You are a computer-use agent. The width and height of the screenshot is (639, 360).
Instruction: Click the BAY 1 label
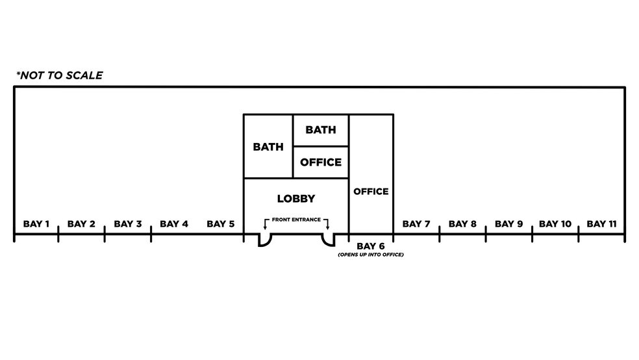coord(36,224)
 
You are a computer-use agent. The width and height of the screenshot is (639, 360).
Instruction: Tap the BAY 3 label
coord(127,224)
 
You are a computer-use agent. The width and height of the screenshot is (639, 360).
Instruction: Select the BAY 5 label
coord(221,224)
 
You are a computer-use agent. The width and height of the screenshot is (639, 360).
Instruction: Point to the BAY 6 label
coord(370,246)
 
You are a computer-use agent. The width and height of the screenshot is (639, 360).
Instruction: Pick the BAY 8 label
coord(462,224)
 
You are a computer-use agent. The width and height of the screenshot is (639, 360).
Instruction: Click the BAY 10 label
coord(555,224)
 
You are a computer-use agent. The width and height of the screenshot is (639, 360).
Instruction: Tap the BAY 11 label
coord(601,224)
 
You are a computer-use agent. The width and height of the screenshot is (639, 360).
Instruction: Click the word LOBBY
coord(296,199)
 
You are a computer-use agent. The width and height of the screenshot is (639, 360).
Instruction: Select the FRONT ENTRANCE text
coord(296,220)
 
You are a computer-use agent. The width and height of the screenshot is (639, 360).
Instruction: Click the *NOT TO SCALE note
coord(60,75)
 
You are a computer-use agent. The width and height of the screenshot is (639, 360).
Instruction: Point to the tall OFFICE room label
coord(371,191)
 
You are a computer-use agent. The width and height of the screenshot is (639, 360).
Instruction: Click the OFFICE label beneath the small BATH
coord(321,162)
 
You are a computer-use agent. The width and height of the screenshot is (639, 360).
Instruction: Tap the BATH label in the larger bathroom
coord(268,147)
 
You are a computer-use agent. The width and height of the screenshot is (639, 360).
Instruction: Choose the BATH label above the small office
coord(321,130)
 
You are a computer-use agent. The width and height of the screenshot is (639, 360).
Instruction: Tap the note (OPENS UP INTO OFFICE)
coord(371,255)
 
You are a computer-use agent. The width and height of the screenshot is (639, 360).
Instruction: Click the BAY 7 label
coord(416,224)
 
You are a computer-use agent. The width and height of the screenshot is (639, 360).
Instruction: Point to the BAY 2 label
coord(81,224)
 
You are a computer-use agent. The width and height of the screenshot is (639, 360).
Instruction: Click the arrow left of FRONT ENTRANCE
coord(266,224)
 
